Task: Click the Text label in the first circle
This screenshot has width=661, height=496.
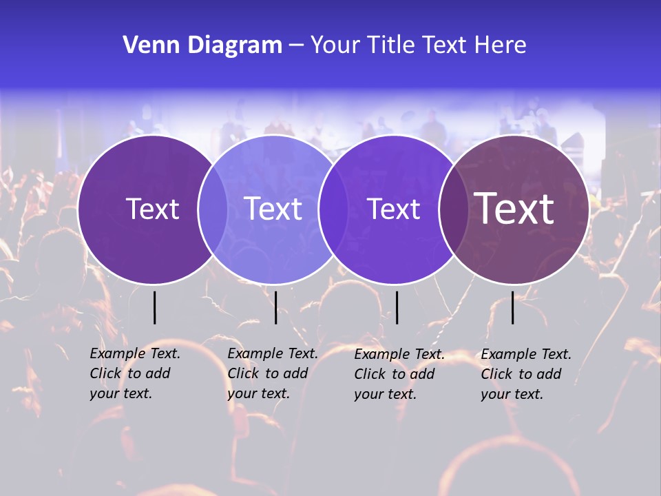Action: (152, 209)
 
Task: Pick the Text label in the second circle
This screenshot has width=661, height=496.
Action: (273, 209)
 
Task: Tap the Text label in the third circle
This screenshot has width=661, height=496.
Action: (393, 209)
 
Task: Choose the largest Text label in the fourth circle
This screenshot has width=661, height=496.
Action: (514, 208)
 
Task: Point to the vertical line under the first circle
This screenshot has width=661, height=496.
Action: (154, 307)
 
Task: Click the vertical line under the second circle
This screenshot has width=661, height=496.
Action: (275, 307)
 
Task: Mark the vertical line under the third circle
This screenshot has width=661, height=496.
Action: (397, 307)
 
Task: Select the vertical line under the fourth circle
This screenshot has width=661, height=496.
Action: (513, 307)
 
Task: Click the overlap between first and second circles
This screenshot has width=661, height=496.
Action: (213, 209)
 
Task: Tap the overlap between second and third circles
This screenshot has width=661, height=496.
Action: (333, 209)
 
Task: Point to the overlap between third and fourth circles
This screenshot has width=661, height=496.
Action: (453, 209)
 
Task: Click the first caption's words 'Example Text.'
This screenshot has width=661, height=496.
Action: (135, 353)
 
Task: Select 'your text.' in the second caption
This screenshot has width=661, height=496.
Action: (258, 393)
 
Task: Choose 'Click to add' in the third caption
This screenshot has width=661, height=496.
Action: (395, 374)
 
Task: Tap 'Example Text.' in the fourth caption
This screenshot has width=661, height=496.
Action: (526, 354)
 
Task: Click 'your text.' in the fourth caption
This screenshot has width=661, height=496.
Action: (512, 394)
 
